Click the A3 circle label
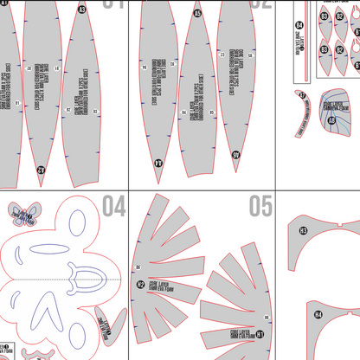pos(82,10)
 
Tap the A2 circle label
pos(41,170)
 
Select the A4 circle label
pos(158,162)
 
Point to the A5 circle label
pos(197,13)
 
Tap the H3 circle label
pos(304,231)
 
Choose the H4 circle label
pos(318,314)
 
